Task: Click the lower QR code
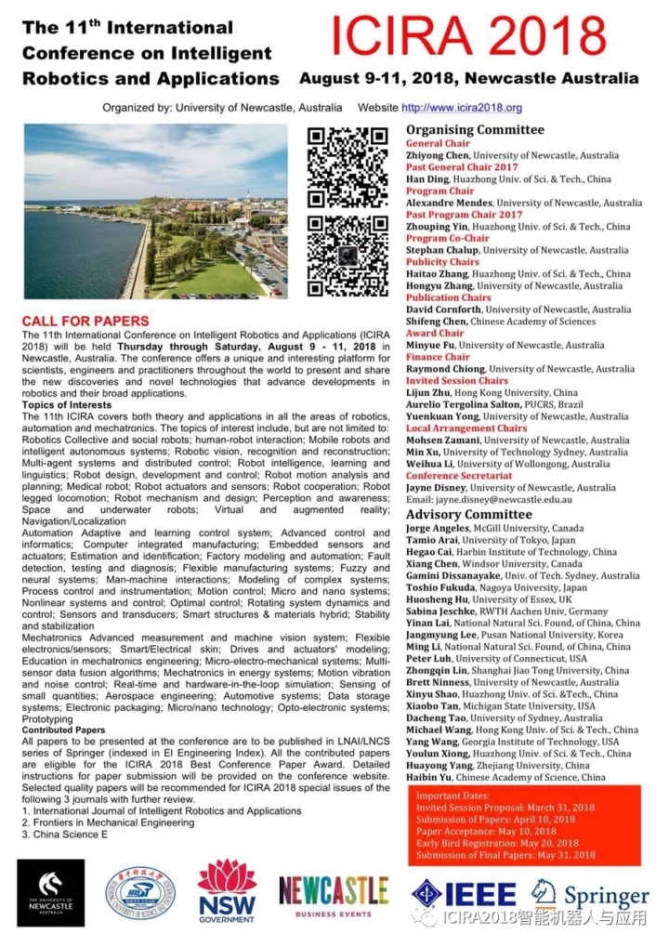click(x=348, y=255)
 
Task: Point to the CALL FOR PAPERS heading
click(x=85, y=321)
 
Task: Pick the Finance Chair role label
click(x=438, y=357)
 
